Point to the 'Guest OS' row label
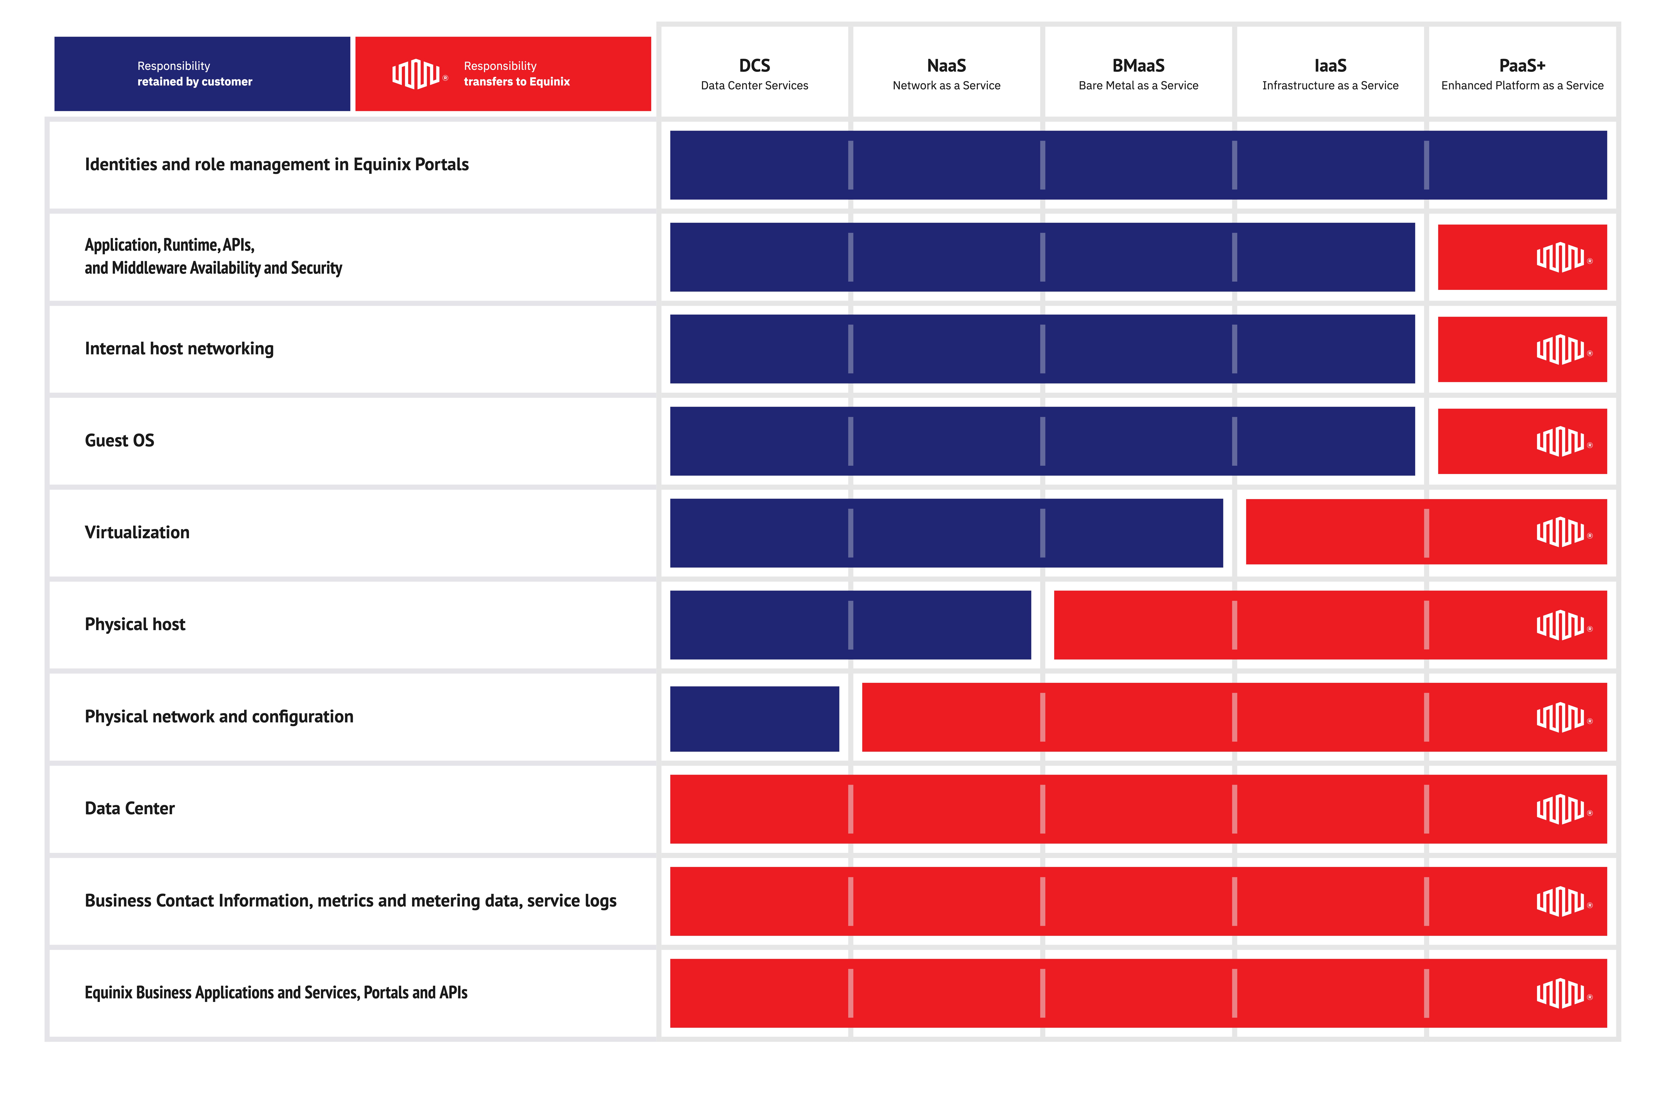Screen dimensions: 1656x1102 pos(119,441)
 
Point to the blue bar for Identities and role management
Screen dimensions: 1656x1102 pos(1138,165)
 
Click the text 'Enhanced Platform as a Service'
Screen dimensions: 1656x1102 pos(1522,86)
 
